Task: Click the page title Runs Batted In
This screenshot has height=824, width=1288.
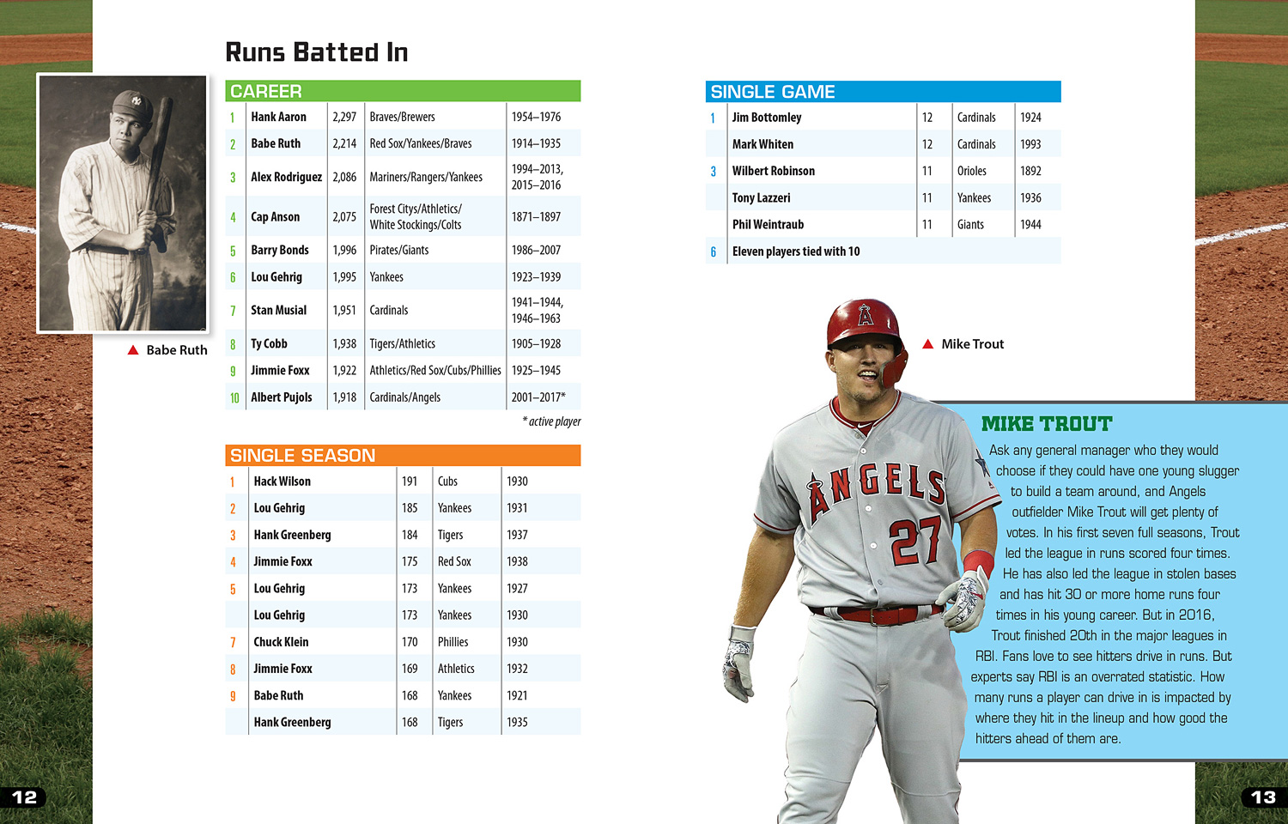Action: (316, 52)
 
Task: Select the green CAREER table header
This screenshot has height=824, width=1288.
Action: (402, 91)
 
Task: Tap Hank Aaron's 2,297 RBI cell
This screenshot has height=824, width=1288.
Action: (344, 117)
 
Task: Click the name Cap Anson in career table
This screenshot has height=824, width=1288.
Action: (275, 217)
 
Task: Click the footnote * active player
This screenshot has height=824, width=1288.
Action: (551, 421)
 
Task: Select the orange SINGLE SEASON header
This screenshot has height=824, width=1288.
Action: (402, 456)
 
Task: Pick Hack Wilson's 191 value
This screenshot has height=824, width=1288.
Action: (410, 482)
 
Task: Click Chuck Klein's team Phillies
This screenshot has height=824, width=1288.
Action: (453, 642)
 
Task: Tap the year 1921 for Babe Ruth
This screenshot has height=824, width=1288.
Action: (517, 695)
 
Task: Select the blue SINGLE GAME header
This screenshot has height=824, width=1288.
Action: (883, 92)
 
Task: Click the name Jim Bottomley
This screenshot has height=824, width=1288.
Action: (766, 118)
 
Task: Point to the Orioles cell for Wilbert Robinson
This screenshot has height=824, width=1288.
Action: (972, 171)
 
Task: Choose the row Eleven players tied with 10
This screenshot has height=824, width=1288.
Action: (795, 251)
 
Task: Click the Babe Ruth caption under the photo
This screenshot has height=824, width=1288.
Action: (176, 350)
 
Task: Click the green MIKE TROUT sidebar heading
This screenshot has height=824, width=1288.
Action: (1046, 424)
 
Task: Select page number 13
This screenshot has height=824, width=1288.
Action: (1262, 797)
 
